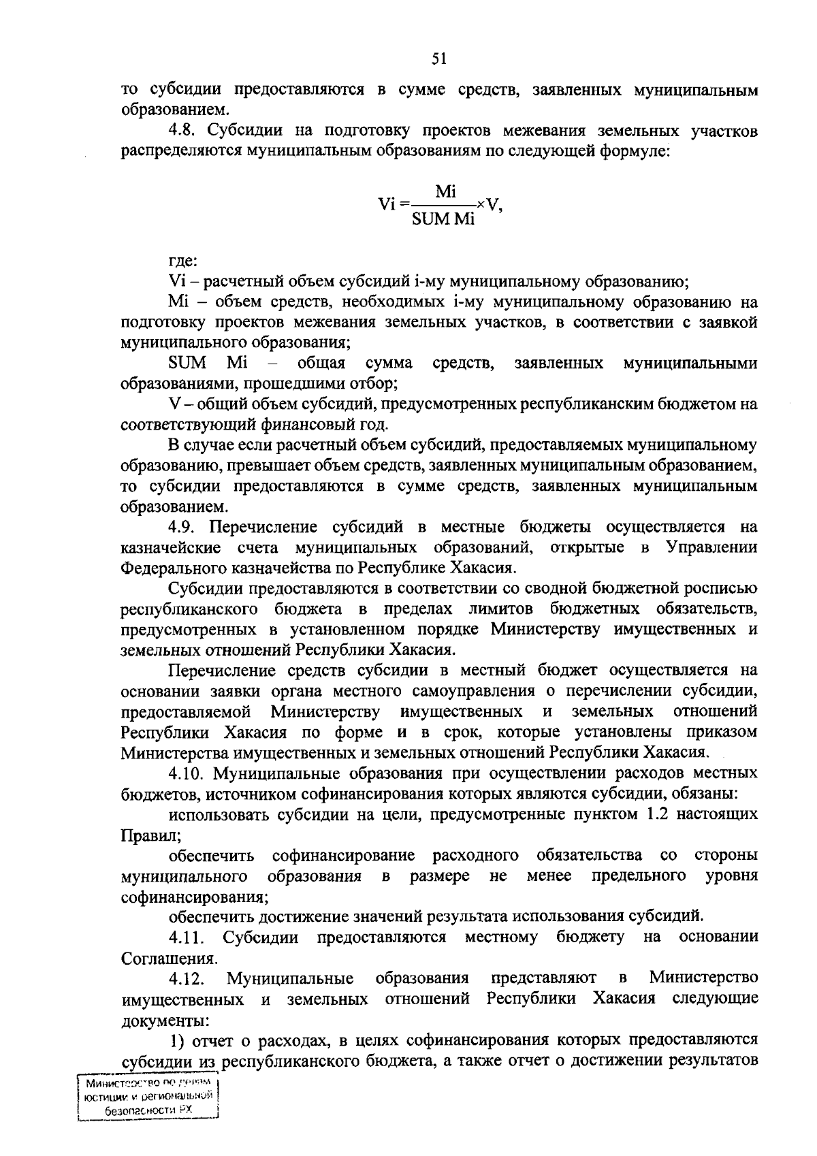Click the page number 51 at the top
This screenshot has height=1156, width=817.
click(x=438, y=61)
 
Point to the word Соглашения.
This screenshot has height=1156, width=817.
click(x=170, y=959)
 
